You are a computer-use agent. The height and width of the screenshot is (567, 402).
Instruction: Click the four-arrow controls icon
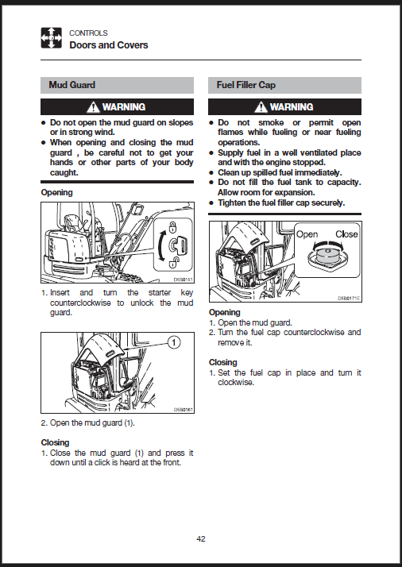click(x=51, y=37)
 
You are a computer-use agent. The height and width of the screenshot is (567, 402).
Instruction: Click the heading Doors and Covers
click(x=109, y=45)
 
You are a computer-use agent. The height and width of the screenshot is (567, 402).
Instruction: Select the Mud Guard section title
click(x=72, y=85)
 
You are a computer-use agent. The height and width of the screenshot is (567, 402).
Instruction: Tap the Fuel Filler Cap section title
click(x=246, y=85)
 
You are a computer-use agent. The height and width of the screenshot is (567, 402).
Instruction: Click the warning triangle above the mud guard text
click(x=93, y=107)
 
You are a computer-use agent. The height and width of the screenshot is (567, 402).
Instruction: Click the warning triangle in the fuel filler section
click(x=261, y=107)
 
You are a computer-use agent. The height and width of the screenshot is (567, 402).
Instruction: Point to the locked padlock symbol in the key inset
click(x=173, y=227)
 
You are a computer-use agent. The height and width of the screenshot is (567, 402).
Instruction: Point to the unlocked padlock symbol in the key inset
click(x=173, y=263)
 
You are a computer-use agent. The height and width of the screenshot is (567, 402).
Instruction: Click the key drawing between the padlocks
click(x=178, y=245)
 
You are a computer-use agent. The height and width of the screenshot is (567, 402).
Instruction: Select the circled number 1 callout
click(x=175, y=342)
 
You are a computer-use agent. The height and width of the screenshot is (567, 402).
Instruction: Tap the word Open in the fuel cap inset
click(x=307, y=235)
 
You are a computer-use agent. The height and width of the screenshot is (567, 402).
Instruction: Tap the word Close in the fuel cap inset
click(x=346, y=234)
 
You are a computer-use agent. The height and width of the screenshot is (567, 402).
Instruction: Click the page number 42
click(x=201, y=538)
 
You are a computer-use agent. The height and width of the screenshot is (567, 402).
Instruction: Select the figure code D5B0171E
click(x=349, y=299)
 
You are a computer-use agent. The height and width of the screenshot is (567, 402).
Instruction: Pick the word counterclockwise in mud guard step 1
click(x=80, y=303)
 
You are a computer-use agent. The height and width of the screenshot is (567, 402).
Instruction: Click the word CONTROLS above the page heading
click(x=88, y=33)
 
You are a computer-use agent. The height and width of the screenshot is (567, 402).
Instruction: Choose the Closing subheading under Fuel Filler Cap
click(x=223, y=362)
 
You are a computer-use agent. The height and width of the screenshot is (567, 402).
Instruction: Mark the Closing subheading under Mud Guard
click(x=55, y=442)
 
